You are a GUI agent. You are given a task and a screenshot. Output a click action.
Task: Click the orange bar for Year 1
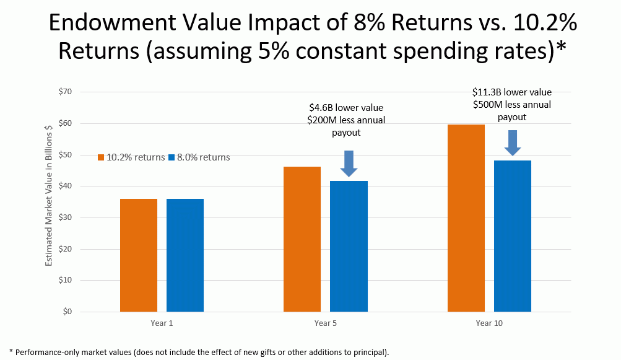click(139, 255)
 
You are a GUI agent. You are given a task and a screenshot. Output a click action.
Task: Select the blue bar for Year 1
click(185, 255)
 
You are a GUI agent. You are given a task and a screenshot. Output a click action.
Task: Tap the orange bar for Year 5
click(302, 239)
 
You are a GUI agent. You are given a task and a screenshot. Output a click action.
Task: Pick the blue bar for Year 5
click(349, 246)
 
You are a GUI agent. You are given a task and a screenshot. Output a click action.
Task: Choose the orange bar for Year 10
click(466, 218)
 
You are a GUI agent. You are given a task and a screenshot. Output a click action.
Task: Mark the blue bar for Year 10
click(512, 236)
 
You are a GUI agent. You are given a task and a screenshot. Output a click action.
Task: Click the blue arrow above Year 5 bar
click(349, 164)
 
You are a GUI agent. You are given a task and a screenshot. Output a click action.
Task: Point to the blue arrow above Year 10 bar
click(512, 143)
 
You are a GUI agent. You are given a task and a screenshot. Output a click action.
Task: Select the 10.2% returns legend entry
click(131, 157)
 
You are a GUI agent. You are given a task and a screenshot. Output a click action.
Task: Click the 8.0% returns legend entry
click(199, 157)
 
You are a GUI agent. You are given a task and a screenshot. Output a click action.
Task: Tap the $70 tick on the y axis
click(65, 92)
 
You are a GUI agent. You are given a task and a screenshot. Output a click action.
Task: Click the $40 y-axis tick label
click(65, 186)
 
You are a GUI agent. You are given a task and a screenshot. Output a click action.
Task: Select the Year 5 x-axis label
click(326, 323)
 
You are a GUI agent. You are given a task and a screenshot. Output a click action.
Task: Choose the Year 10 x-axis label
click(489, 323)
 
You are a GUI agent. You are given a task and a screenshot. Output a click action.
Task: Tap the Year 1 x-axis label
click(162, 323)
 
